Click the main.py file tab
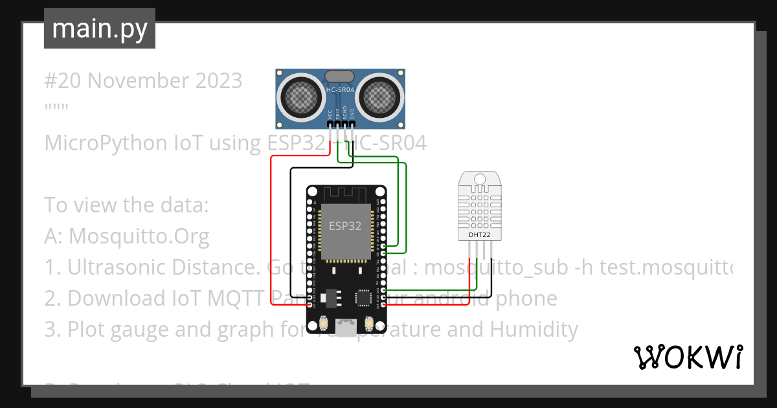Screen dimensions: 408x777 point(100,28)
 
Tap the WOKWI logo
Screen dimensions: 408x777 point(688,356)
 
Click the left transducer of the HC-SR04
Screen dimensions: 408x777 point(300,97)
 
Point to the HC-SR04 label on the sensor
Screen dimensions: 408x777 point(340,91)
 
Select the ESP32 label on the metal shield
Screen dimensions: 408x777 point(344,226)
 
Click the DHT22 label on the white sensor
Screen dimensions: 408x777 point(479,235)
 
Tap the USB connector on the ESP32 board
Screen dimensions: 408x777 point(346,328)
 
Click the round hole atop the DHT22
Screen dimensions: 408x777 point(479,178)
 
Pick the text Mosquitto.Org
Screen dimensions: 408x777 point(139,236)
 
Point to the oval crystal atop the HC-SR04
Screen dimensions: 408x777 point(340,76)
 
